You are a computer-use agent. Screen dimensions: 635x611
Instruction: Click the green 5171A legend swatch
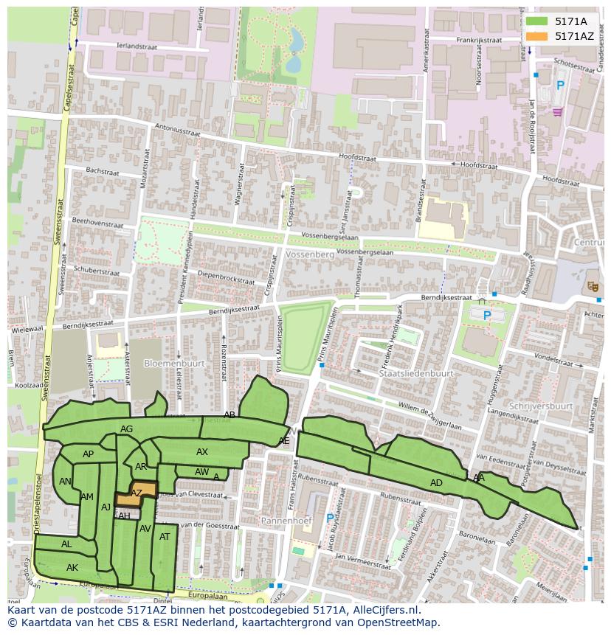(x=536, y=21)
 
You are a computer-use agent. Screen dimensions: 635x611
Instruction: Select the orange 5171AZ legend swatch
(x=536, y=36)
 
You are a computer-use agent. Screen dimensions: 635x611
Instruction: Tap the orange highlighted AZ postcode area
(x=137, y=493)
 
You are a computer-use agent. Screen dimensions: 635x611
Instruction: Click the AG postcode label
(x=126, y=429)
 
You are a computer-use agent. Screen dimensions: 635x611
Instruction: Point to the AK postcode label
(x=72, y=568)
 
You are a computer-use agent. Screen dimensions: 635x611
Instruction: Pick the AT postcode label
(x=165, y=537)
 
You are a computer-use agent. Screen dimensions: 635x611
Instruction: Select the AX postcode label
(x=202, y=452)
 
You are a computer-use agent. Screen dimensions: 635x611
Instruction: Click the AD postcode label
(x=436, y=483)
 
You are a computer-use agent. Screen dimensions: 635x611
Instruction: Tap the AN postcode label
(x=65, y=482)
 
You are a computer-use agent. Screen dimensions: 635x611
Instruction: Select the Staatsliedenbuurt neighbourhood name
(x=415, y=374)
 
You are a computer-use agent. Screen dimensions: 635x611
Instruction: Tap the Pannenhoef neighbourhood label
(x=286, y=521)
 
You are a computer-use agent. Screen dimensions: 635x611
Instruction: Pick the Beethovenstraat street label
(x=97, y=223)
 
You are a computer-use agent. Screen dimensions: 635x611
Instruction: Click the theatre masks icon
(x=592, y=285)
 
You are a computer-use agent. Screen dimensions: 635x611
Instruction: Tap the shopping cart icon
(x=556, y=111)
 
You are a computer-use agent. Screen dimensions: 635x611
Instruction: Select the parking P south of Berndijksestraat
(x=486, y=316)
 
